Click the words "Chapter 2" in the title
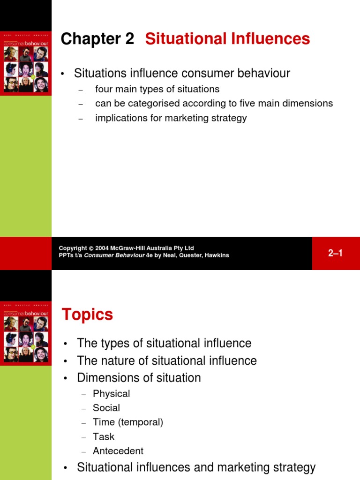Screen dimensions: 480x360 point(97,39)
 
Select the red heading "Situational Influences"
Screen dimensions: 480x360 point(227,39)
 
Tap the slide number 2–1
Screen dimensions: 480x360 point(336,253)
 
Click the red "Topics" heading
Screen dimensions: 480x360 point(88,315)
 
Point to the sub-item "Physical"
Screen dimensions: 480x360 point(111,394)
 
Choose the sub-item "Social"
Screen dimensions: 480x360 point(106,408)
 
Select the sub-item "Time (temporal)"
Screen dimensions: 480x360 point(128,422)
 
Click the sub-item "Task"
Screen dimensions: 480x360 point(104,436)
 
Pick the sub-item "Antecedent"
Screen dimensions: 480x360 point(118,451)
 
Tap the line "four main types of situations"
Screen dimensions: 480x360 point(157,89)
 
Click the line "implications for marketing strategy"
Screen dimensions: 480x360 point(171,118)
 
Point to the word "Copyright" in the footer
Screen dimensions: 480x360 point(73,248)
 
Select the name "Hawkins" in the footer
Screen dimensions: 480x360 point(217,255)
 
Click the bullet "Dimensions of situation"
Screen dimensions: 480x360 point(139,378)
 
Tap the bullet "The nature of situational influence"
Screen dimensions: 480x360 point(167,361)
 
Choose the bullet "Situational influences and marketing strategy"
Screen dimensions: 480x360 point(196,467)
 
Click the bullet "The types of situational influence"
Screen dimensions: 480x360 point(164,343)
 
